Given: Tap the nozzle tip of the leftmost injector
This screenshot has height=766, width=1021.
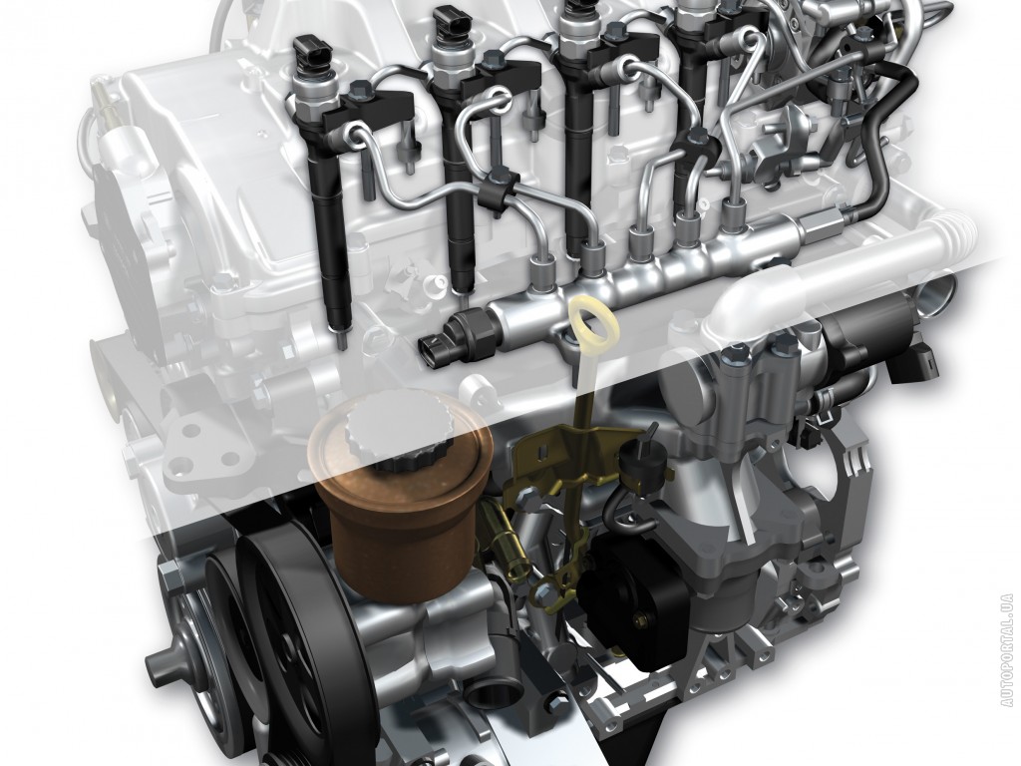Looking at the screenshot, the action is tap(341, 338).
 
